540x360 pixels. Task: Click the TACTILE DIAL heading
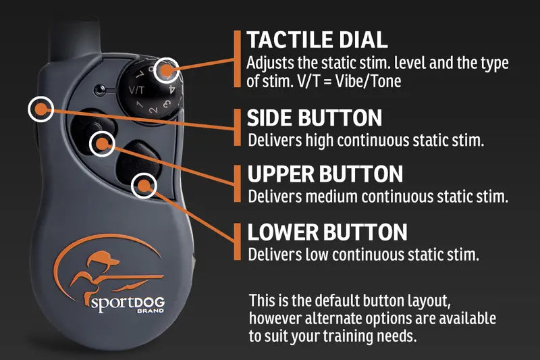(317, 40)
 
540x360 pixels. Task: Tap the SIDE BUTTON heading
(315, 118)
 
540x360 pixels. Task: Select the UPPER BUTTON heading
(325, 174)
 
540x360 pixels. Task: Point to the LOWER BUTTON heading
(327, 232)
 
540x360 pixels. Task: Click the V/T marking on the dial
(136, 91)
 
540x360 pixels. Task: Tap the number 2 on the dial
(154, 110)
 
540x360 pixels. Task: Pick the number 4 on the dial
(172, 91)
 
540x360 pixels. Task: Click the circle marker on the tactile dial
(166, 70)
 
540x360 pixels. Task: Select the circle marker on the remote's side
(40, 109)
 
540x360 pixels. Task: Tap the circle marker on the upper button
(102, 144)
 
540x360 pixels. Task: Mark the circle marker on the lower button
(144, 186)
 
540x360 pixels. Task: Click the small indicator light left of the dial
(99, 91)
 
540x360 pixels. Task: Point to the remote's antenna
(75, 38)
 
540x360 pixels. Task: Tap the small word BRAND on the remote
(151, 311)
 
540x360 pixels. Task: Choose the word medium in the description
(332, 197)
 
